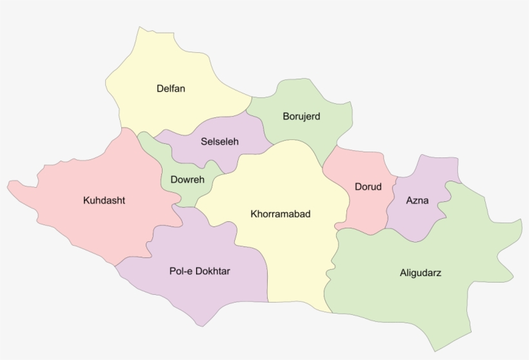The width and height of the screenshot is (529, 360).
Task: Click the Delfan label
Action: (x=170, y=88)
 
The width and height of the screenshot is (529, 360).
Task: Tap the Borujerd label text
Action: (x=301, y=117)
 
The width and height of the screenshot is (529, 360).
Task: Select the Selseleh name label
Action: (x=219, y=141)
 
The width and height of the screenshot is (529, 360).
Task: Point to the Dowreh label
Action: (x=187, y=179)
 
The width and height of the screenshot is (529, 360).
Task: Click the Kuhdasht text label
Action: (x=104, y=200)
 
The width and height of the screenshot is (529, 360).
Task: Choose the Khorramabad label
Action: (x=280, y=214)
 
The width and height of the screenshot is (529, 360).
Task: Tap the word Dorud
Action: (x=368, y=187)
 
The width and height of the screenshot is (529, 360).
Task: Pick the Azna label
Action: (x=417, y=200)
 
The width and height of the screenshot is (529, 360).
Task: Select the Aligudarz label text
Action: (x=421, y=273)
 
